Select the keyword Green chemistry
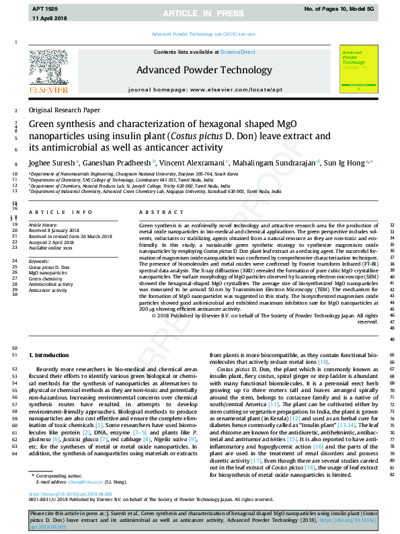(x=45, y=278)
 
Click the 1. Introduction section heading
(x=49, y=354)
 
